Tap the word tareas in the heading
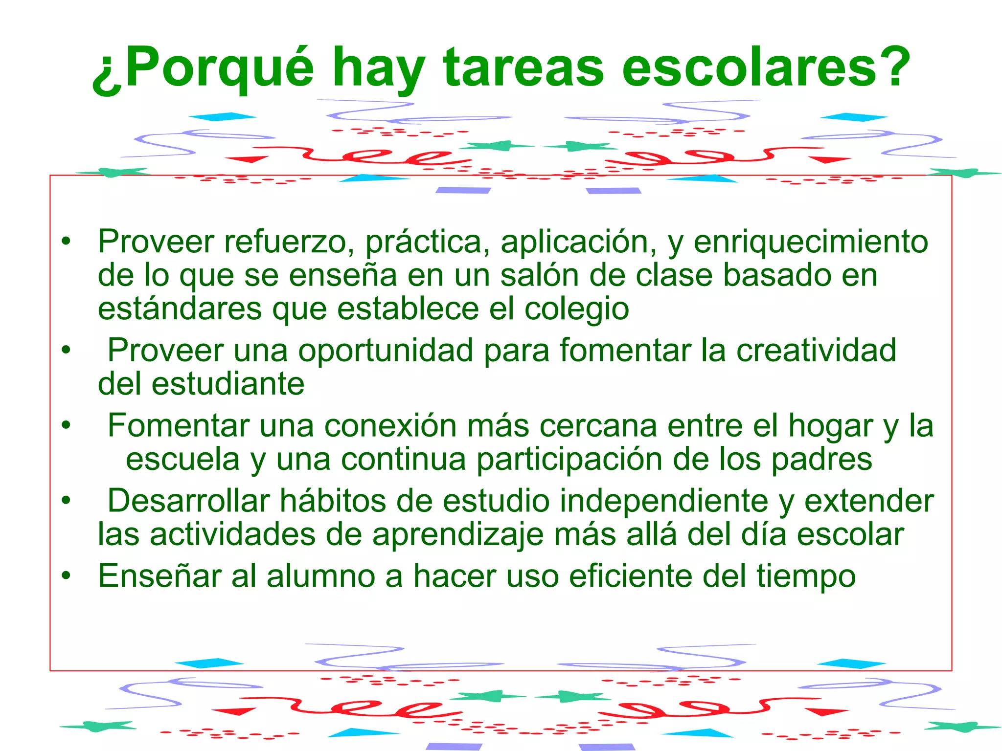[524, 68]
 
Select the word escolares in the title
[749, 68]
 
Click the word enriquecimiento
[811, 242]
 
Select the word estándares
[180, 309]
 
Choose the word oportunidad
[386, 351]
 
